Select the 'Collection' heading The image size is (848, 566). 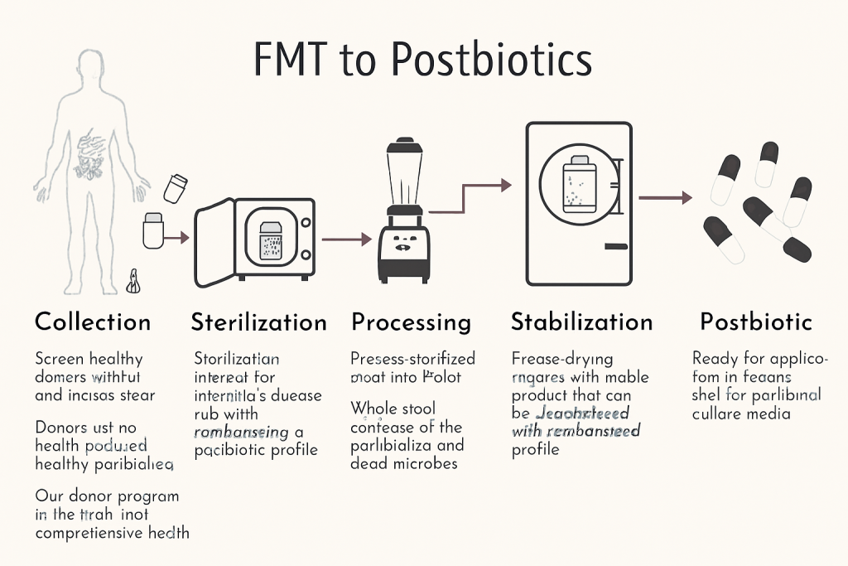coord(93,322)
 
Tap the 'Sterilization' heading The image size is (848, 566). coord(258,322)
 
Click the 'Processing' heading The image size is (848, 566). coord(411,322)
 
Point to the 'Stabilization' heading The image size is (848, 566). coord(581,322)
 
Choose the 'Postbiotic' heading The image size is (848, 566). coord(755,322)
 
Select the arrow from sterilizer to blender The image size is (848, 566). coord(346,239)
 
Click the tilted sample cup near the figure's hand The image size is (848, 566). coord(176,188)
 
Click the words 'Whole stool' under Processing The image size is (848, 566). coord(393,409)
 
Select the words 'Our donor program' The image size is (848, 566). coord(107,496)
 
